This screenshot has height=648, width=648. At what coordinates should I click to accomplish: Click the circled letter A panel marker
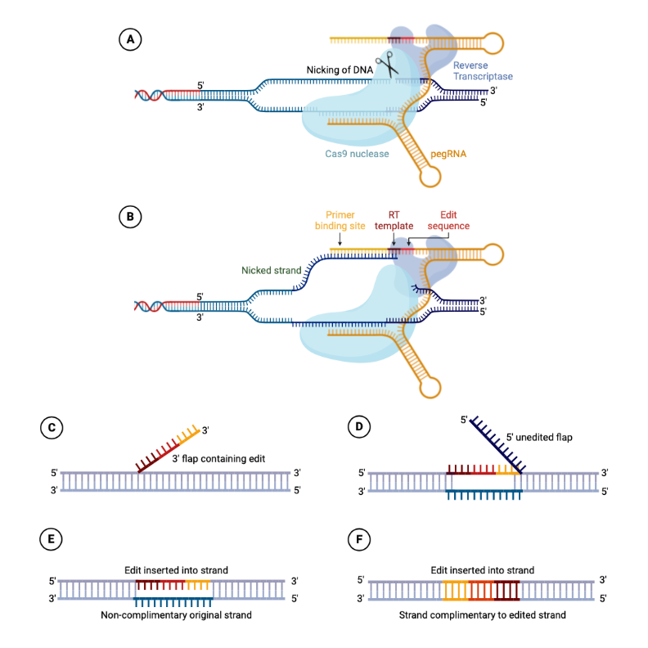click(130, 38)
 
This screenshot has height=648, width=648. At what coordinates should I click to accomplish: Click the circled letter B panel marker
click(130, 218)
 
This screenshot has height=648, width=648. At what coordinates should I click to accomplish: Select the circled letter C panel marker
click(52, 427)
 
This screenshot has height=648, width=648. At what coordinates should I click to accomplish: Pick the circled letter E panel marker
click(52, 540)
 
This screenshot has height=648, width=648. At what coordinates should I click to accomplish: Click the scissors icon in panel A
click(387, 65)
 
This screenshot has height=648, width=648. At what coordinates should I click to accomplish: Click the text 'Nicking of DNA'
click(340, 70)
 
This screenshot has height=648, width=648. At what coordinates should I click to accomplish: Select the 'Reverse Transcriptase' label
click(483, 70)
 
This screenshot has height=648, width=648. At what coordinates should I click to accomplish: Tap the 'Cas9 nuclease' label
click(356, 153)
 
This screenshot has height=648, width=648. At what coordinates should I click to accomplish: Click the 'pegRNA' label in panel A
click(447, 153)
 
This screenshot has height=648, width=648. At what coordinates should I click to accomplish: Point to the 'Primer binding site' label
click(340, 221)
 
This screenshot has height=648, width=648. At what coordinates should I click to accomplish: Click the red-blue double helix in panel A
click(149, 94)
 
